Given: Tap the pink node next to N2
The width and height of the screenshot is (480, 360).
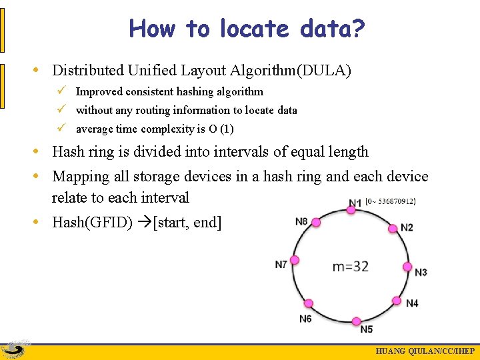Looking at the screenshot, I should pos(393,229).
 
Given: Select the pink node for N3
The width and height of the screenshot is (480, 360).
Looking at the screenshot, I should pos(407,267).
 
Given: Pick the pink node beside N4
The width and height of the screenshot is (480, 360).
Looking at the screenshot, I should pos(397,300).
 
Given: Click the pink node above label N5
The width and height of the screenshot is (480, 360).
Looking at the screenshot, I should pos(357,321).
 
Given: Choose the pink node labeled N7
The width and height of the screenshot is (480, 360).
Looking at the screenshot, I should pos(294,260).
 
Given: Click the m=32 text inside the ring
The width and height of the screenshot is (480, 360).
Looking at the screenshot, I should pos(351,266).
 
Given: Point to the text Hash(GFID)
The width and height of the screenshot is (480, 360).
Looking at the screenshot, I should pos(93,222).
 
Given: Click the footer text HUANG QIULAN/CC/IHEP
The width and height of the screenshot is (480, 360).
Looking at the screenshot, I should pos(425,352).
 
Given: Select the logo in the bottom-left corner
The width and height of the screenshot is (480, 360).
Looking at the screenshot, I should pos(15,349).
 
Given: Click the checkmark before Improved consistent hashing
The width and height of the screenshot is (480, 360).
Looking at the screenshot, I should pos(60,91).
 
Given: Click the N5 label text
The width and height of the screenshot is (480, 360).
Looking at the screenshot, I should pos(367,329).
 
